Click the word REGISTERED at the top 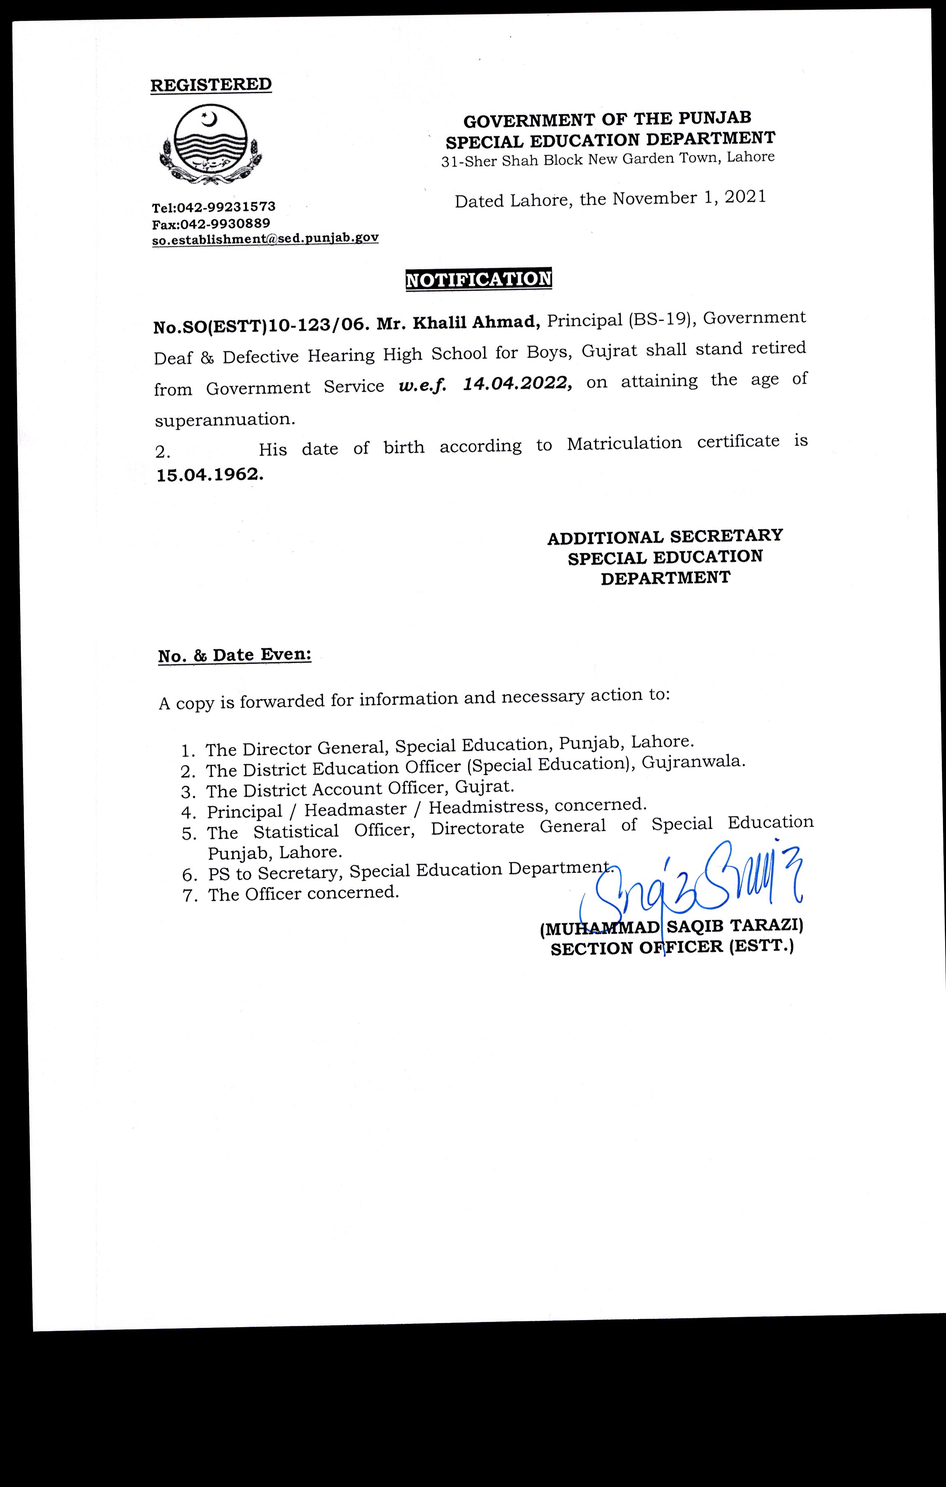click(211, 85)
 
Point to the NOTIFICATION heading click(478, 279)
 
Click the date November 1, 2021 click(689, 198)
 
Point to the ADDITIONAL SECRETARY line click(665, 536)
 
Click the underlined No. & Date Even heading click(235, 655)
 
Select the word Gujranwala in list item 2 click(693, 762)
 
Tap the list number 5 click(188, 834)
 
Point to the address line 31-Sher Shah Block click(607, 159)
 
